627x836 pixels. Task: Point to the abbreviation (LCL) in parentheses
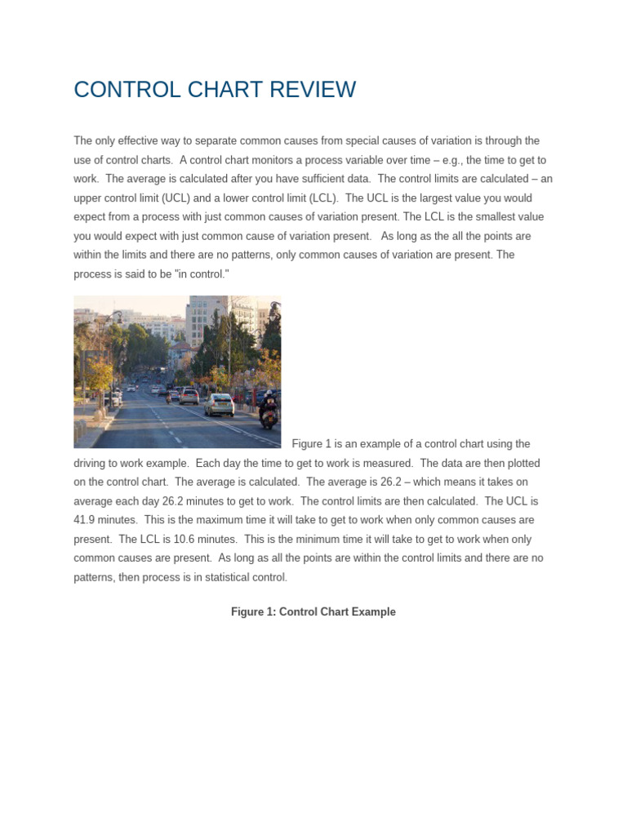318,198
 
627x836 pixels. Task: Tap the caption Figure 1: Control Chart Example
313,612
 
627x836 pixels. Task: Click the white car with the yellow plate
219,404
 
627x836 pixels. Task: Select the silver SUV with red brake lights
189,396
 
